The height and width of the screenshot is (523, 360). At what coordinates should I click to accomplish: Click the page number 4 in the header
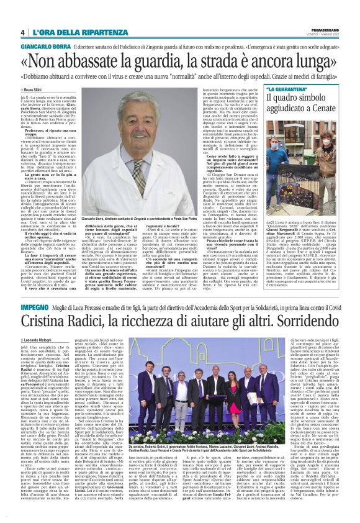(x=22, y=32)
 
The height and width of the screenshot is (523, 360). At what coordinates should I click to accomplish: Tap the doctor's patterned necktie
(x=138, y=176)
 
